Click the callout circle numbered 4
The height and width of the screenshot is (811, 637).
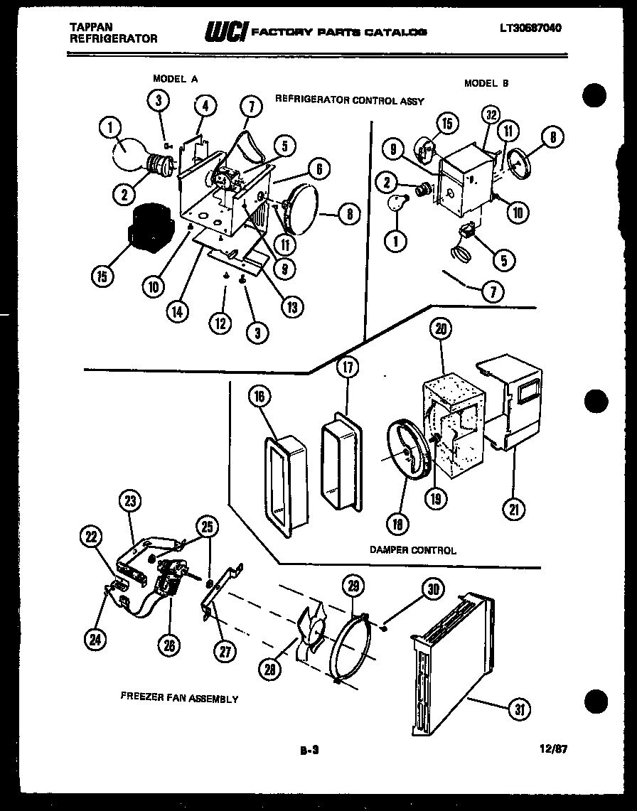click(x=205, y=107)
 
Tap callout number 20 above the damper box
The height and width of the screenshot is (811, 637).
click(x=441, y=328)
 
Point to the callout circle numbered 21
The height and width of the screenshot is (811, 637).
click(x=513, y=507)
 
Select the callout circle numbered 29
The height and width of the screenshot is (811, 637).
click(x=353, y=586)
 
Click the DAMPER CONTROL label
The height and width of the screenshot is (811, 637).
click(x=413, y=549)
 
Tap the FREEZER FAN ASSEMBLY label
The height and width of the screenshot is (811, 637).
click(x=179, y=699)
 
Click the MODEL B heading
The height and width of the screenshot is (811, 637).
click(x=486, y=83)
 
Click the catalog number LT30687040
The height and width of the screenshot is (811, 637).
click(x=530, y=28)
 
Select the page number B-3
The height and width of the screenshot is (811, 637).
click(x=308, y=749)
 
